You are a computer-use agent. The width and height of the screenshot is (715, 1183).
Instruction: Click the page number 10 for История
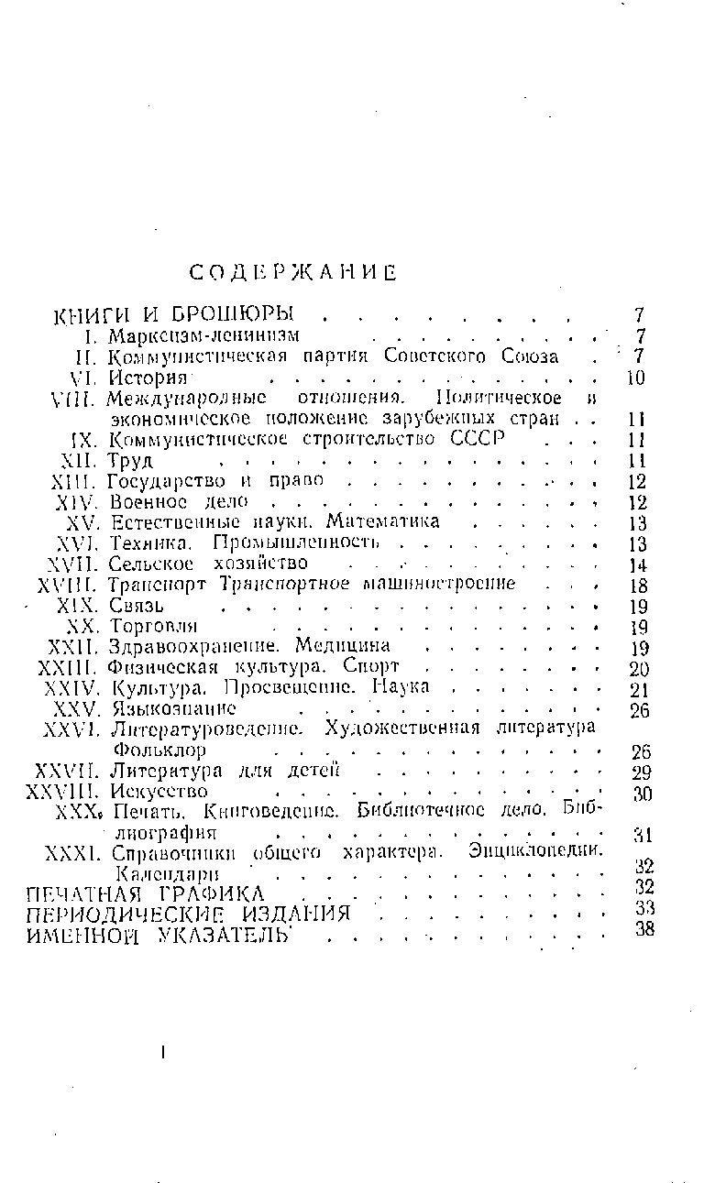tap(637, 378)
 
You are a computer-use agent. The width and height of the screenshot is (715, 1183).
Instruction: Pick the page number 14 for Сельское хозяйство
tap(638, 565)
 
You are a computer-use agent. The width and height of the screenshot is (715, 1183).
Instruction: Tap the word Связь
tap(137, 606)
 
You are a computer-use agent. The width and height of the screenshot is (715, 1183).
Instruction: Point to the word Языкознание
tap(173, 709)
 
